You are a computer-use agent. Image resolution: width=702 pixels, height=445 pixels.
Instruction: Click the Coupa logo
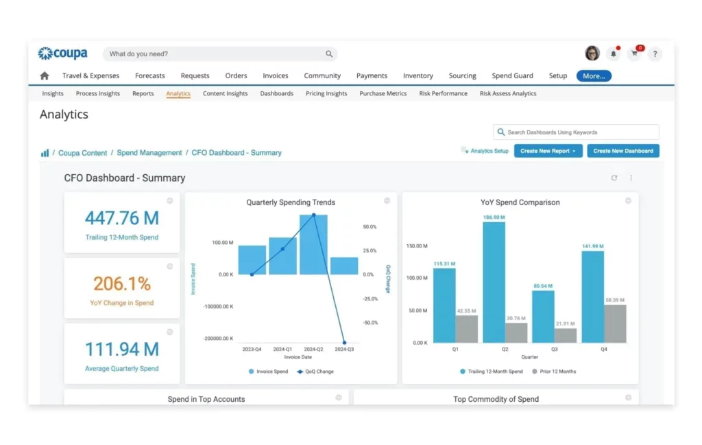[62, 53]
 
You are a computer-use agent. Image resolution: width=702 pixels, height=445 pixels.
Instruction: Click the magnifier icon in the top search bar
[329, 54]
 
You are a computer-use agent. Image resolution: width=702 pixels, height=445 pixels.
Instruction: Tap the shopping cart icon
[635, 54]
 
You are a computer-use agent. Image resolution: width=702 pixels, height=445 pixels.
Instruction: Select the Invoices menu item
[275, 76]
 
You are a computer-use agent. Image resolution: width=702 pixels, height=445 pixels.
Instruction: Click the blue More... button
[594, 76]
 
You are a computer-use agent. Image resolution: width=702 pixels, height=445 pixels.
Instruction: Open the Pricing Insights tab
[326, 94]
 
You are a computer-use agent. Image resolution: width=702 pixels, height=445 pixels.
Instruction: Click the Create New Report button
[550, 151]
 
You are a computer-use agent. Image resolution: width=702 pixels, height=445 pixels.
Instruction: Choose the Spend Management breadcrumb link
[149, 153]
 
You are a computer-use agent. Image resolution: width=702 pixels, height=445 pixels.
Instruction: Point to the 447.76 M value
[122, 218]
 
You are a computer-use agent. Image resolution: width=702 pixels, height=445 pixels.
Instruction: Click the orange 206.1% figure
[122, 284]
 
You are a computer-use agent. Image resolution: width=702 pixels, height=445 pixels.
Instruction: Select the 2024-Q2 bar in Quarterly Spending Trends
[313, 245]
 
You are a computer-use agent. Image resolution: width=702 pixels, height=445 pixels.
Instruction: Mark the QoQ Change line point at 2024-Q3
[344, 342]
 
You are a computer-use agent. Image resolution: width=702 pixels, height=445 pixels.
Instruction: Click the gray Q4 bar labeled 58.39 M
[615, 324]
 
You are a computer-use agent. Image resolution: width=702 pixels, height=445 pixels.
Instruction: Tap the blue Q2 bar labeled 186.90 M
[494, 282]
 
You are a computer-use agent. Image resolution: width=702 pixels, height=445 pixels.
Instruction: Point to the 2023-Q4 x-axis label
[252, 349]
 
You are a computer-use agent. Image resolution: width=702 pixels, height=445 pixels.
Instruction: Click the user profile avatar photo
[592, 53]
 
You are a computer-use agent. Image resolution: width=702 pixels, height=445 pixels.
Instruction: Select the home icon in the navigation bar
[45, 76]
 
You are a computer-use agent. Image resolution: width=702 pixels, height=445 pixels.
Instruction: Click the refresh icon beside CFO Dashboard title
[614, 178]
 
